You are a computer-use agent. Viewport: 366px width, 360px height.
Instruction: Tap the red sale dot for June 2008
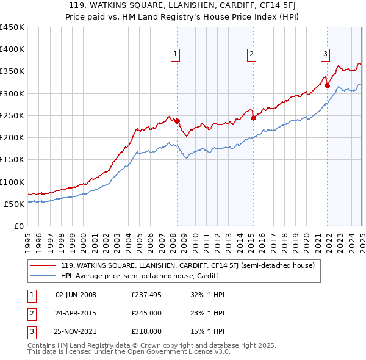click(177, 121)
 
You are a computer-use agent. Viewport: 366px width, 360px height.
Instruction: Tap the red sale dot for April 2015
click(253, 118)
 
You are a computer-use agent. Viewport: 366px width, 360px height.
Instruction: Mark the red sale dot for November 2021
click(327, 85)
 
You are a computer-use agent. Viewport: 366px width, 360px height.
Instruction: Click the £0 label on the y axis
click(18, 226)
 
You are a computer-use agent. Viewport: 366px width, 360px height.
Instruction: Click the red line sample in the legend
click(43, 265)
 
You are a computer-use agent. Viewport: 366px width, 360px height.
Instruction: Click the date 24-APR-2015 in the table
click(76, 313)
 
